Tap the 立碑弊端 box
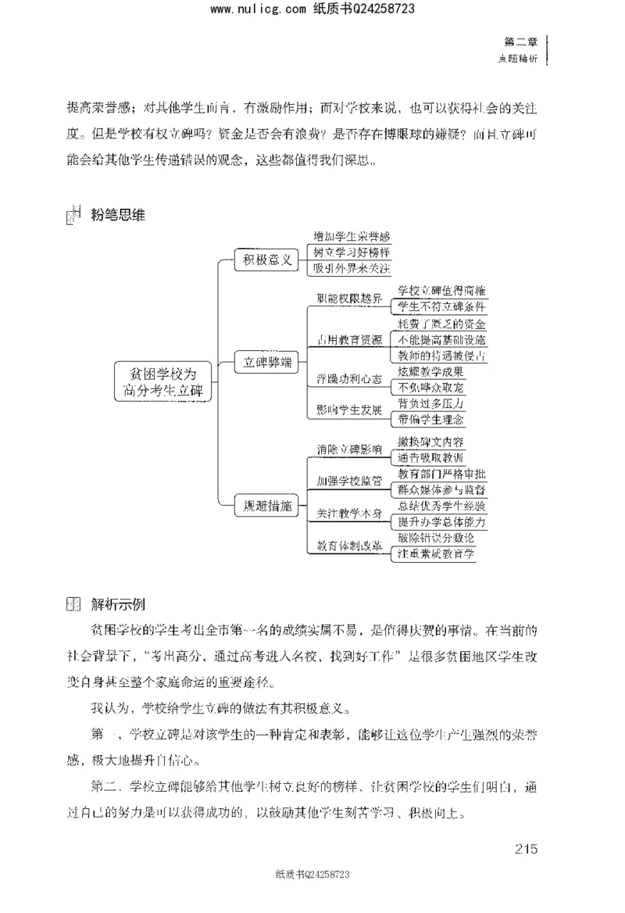[267, 362]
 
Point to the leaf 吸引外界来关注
[351, 269]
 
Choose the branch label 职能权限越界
[349, 299]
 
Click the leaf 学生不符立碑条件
[441, 307]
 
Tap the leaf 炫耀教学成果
[430, 371]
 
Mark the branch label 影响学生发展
[349, 410]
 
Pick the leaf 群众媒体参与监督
[441, 489]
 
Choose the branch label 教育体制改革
[349, 546]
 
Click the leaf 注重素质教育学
[436, 553]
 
